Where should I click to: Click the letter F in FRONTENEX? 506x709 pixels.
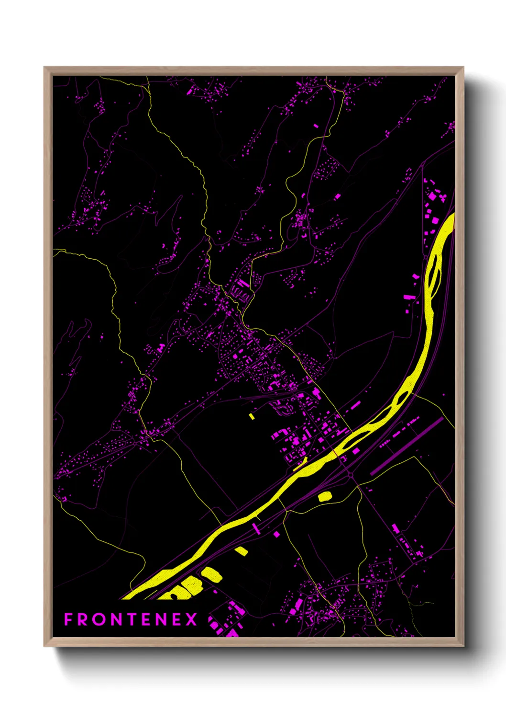click(x=68, y=619)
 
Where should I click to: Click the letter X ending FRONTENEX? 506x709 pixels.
click(x=191, y=619)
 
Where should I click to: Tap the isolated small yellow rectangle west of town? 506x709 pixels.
click(x=252, y=416)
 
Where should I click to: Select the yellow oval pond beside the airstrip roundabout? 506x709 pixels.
click(x=325, y=496)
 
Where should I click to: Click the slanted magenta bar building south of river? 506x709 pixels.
click(x=255, y=528)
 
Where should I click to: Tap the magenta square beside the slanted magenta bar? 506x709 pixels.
click(x=276, y=534)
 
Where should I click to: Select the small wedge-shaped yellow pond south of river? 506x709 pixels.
click(x=242, y=551)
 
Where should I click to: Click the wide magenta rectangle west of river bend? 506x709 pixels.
click(x=409, y=297)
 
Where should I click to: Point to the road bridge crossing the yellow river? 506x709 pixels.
click(x=336, y=453)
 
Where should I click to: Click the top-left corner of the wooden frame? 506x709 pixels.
click(x=44, y=68)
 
